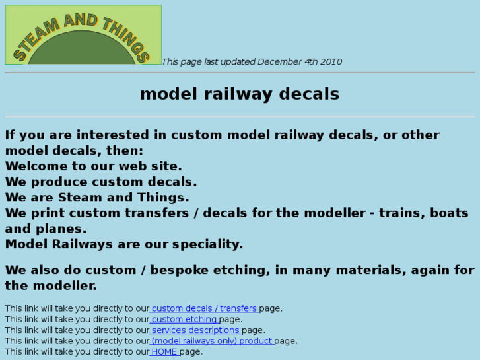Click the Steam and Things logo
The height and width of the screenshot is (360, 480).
pyautogui.click(x=83, y=35)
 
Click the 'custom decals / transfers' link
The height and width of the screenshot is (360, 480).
pyautogui.click(x=204, y=308)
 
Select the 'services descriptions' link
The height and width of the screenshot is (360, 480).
pyautogui.click(x=195, y=330)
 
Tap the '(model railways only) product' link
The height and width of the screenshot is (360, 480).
pyautogui.click(x=212, y=341)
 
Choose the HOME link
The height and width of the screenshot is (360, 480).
pyautogui.click(x=164, y=351)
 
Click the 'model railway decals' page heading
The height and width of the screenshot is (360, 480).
pyautogui.click(x=240, y=94)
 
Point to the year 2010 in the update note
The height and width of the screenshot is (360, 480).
pyautogui.click(x=331, y=62)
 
